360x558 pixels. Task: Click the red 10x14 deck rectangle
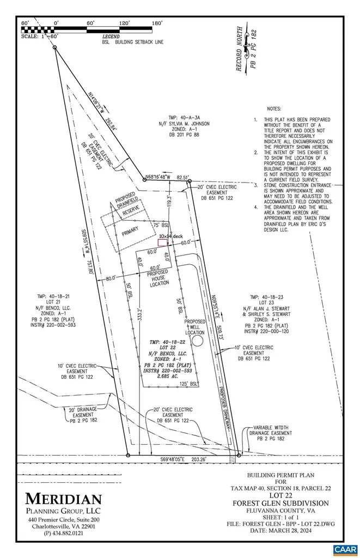162,243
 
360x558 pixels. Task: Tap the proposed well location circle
198,341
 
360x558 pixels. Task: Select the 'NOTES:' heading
275,109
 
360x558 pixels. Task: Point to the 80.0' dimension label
111,278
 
